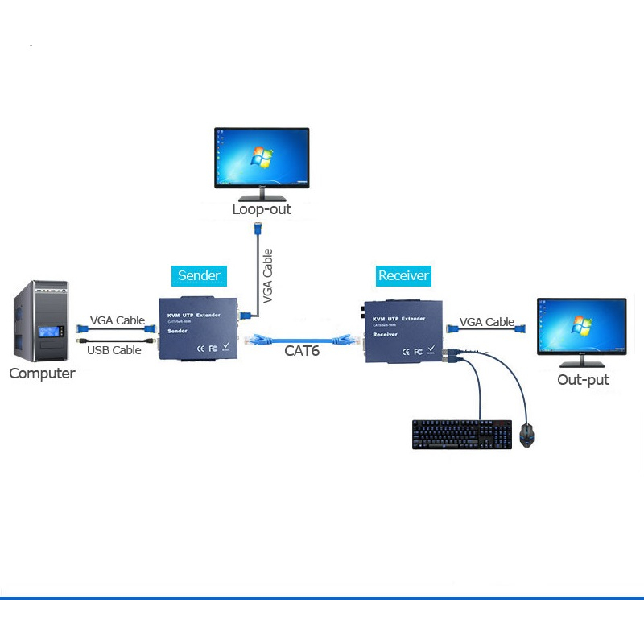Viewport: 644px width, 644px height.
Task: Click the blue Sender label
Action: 198,275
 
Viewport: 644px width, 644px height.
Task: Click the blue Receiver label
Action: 403,275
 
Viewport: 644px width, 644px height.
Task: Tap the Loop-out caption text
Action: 262,209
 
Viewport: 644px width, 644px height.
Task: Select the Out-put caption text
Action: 583,379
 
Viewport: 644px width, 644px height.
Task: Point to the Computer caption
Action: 42,374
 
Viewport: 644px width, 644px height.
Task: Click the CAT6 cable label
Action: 302,351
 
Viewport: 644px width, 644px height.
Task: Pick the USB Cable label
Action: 114,350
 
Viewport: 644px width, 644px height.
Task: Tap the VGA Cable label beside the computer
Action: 118,320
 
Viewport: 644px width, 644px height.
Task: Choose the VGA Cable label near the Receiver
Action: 487,322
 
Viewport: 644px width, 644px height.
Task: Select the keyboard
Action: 461,434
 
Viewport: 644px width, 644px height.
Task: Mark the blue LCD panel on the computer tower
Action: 53,332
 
